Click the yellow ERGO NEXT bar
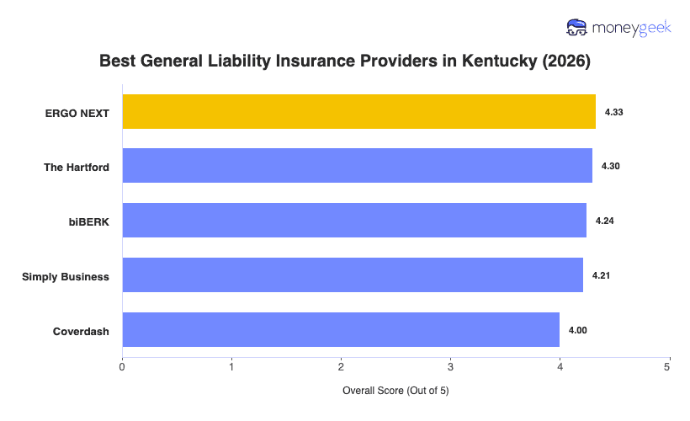pos(358,112)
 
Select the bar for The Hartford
pos(357,166)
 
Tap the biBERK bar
pos(354,221)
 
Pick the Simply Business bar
pos(353,275)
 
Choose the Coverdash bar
pos(341,330)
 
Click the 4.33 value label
pos(613,112)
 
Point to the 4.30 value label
pos(610,167)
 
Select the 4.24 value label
pos(604,221)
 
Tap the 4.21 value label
pos(601,275)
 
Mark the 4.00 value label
pos(578,330)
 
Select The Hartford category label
pos(77,167)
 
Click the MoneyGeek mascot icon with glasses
pos(577,28)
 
